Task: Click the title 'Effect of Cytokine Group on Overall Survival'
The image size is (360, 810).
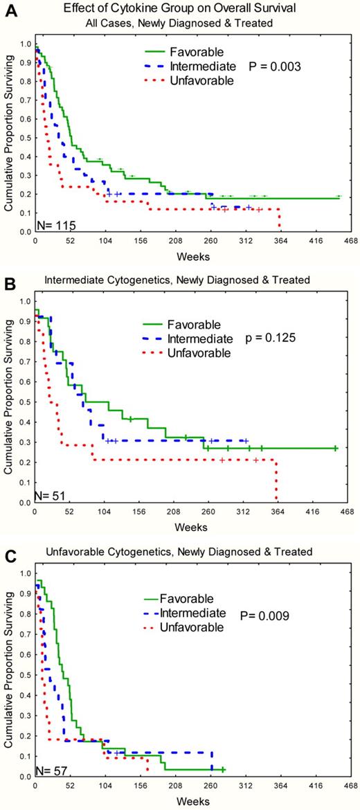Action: (183, 9)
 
